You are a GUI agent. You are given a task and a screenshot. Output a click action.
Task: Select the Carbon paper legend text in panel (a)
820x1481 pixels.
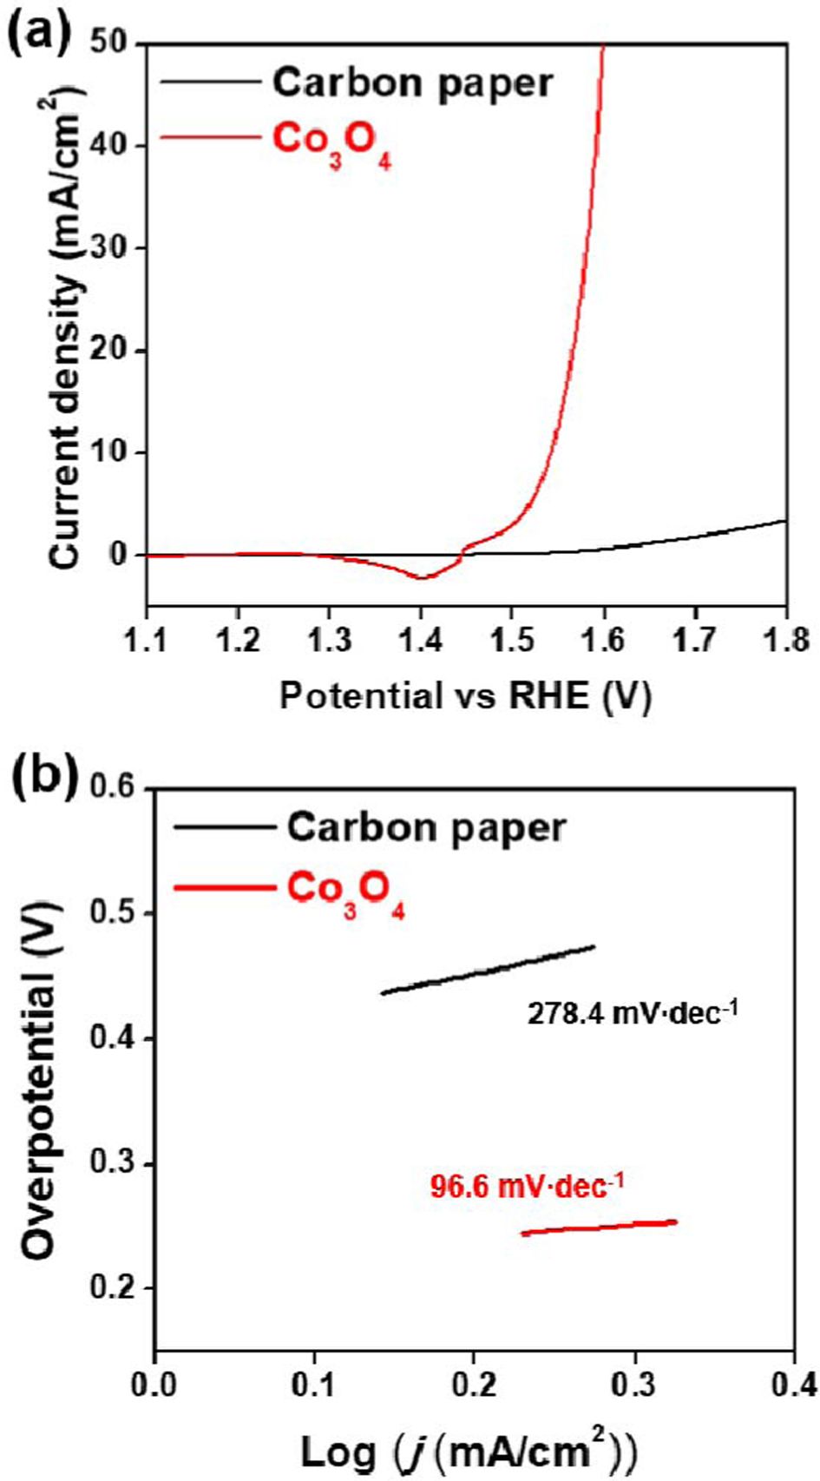[x=412, y=82]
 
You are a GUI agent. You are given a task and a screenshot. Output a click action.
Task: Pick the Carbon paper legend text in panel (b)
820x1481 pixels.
[x=426, y=826]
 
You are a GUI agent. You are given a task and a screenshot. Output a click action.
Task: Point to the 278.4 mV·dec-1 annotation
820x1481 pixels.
[x=633, y=1012]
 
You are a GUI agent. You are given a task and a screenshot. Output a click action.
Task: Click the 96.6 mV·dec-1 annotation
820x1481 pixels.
[x=527, y=1186]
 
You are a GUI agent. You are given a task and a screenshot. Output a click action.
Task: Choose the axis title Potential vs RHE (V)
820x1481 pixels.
[x=465, y=695]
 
